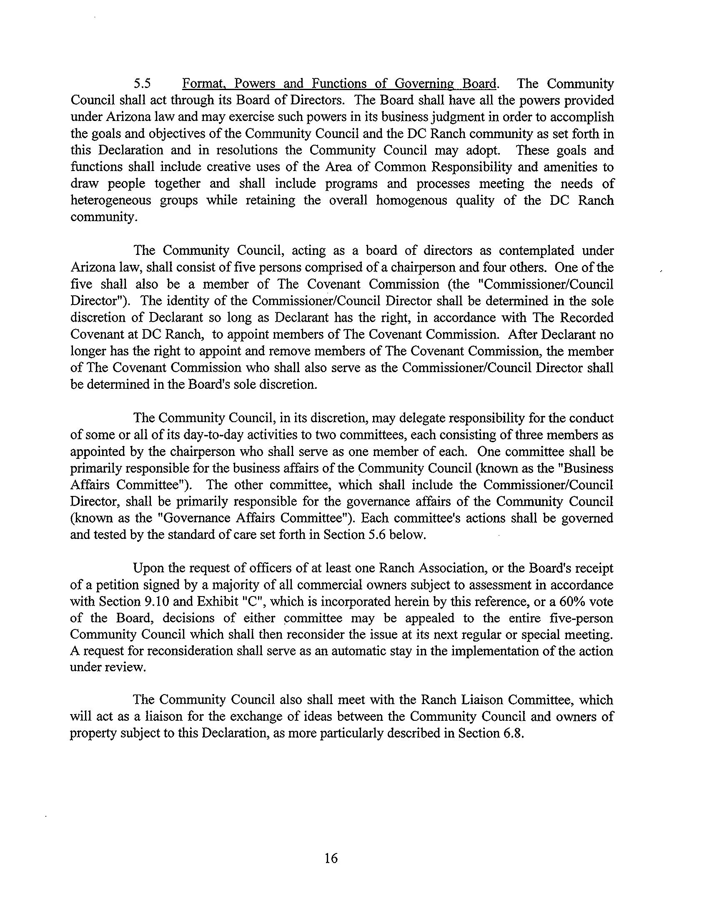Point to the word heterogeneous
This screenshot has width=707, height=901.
coord(110,201)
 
